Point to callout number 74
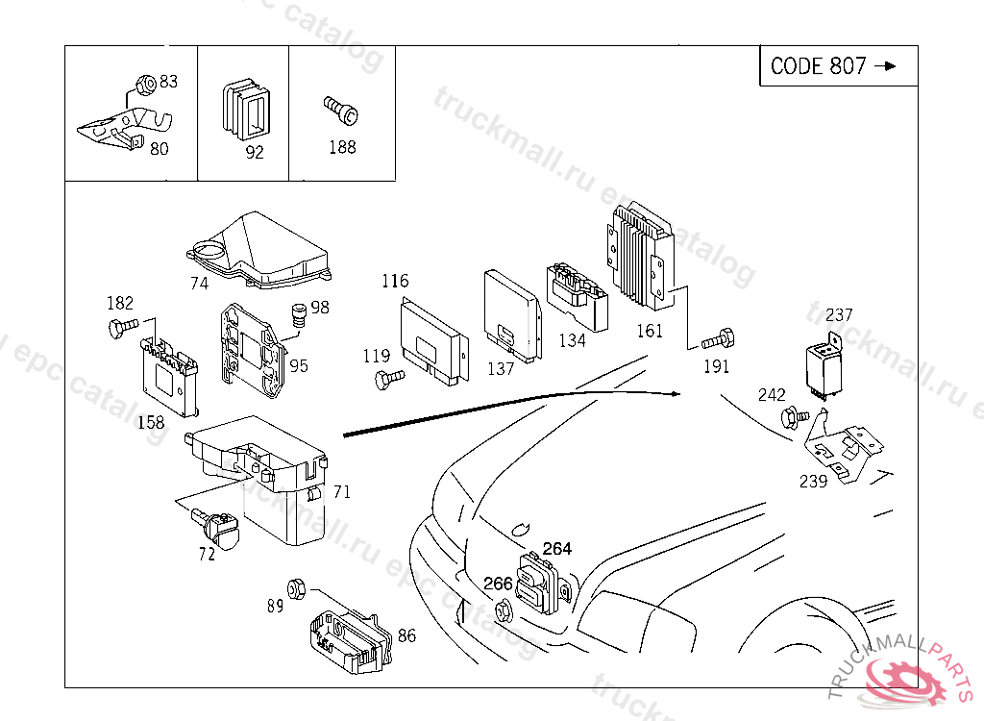pos(199,284)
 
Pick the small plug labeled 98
pos(298,314)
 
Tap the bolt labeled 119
pos(387,381)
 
